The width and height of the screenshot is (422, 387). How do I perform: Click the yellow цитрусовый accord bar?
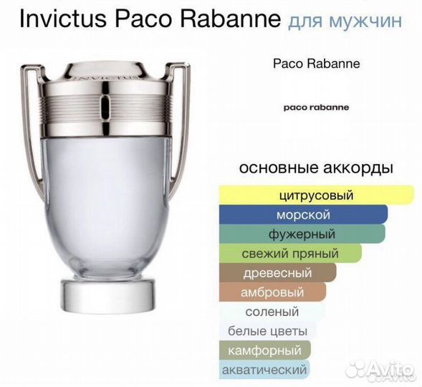tap(315, 195)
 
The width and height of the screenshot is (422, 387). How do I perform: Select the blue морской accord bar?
tap(302, 214)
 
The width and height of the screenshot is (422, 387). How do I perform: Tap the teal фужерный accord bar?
tap(302, 234)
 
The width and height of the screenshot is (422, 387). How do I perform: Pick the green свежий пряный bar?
tap(289, 253)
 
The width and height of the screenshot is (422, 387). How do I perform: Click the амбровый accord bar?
tap(272, 292)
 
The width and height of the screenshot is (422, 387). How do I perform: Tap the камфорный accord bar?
tap(264, 350)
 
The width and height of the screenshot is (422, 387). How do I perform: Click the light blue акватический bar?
tap(264, 370)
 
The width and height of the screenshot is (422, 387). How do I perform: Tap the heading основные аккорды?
tap(315, 169)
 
